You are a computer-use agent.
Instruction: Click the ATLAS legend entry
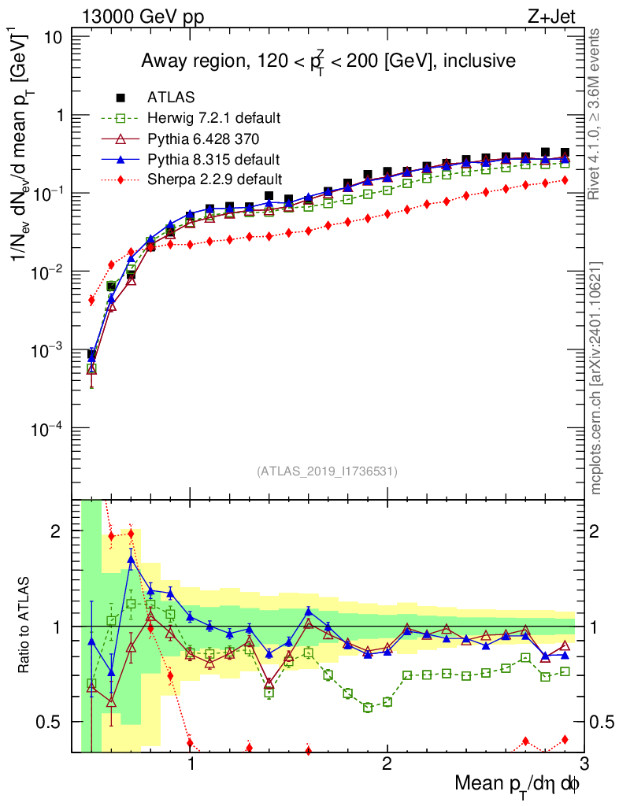[x=167, y=98]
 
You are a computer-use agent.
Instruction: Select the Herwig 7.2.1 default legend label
[x=214, y=119]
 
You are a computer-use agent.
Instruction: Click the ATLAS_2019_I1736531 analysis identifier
[x=327, y=471]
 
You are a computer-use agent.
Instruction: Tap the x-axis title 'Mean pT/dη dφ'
[x=518, y=783]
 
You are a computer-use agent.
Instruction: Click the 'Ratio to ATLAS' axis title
[x=26, y=626]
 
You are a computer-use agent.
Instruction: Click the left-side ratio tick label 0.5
[x=55, y=722]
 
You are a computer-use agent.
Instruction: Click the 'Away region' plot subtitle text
[x=328, y=62]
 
